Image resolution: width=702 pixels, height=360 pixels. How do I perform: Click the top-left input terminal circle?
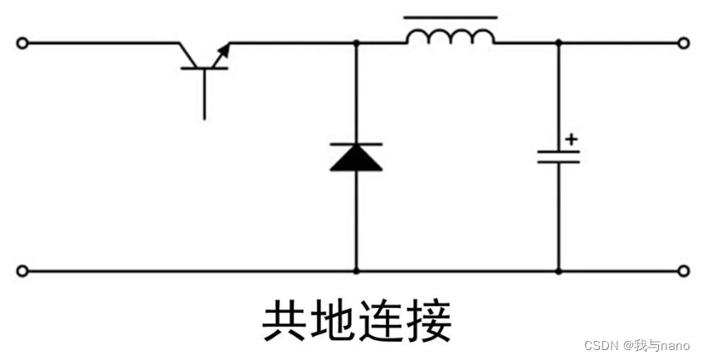tap(22, 43)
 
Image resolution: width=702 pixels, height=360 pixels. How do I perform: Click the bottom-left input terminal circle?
tap(22, 270)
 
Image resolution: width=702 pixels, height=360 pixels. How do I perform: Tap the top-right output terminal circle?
tap(683, 43)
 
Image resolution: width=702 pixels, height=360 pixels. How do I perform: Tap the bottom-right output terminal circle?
tap(683, 270)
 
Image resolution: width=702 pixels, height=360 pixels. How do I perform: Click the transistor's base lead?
tap(204, 95)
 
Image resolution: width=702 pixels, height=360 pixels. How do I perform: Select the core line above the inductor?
tap(451, 16)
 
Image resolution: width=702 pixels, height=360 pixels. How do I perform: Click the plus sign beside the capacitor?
tap(571, 139)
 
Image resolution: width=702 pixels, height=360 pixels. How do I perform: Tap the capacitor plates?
tap(558, 156)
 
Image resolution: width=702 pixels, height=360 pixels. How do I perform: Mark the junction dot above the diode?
tap(357, 43)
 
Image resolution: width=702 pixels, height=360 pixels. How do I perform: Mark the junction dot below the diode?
tap(357, 270)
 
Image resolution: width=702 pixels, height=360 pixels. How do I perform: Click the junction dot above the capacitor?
tap(558, 43)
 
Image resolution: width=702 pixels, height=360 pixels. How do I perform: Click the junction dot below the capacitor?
tap(558, 270)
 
